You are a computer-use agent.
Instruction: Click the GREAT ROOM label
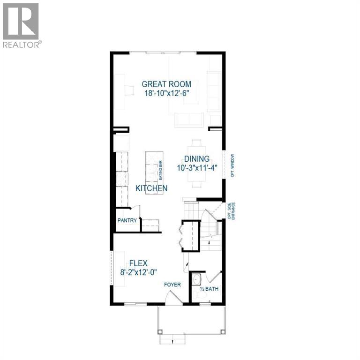coord(166,84)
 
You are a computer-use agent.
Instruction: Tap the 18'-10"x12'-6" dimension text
coord(166,93)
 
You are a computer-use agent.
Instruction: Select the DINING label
coord(196,159)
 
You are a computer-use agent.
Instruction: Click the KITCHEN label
coord(151,188)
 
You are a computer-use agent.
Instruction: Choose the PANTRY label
coord(127,221)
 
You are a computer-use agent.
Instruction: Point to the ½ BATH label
coord(209,289)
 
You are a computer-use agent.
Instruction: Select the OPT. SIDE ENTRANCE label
coord(230,210)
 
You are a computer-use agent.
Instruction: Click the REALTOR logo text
coord(22,45)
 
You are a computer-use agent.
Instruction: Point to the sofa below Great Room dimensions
coord(189,120)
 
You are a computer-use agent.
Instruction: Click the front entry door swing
coord(173,298)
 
